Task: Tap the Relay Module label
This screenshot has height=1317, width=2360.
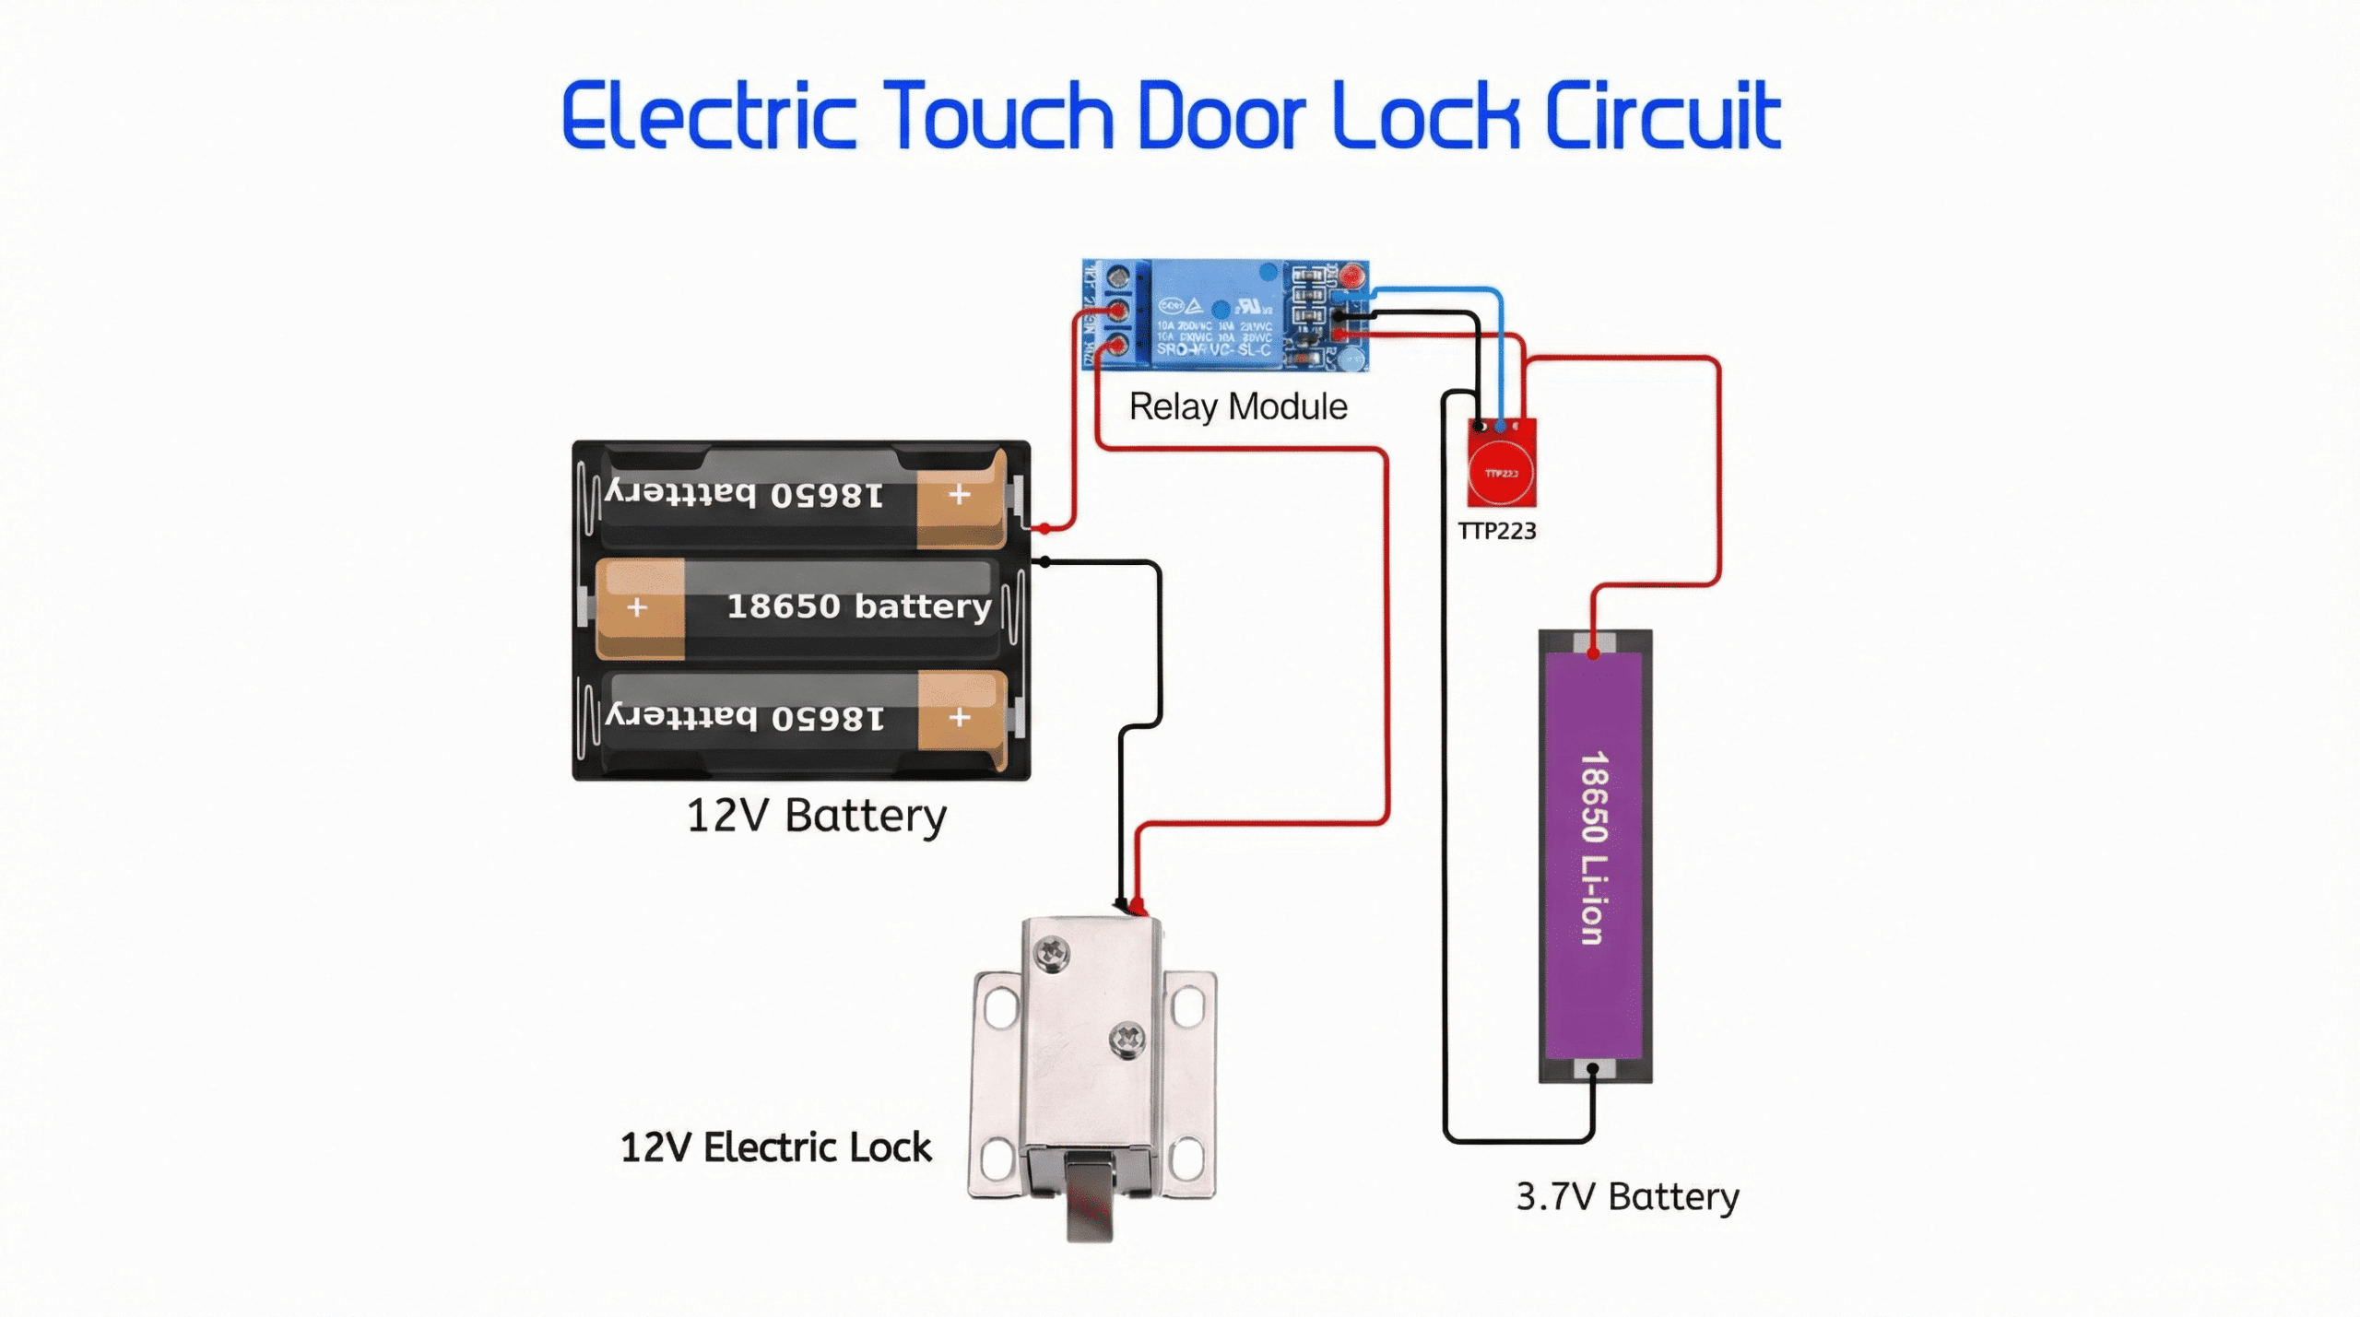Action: pyautogui.click(x=1238, y=406)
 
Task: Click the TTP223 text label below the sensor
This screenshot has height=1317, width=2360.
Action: pyautogui.click(x=1497, y=531)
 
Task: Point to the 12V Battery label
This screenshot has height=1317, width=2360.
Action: pyautogui.click(x=817, y=816)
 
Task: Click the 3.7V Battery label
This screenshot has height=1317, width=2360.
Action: pyautogui.click(x=1627, y=1196)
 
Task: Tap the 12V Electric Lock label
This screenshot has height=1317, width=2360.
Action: pyautogui.click(x=775, y=1147)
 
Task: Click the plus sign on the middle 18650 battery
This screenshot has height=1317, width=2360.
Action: pyautogui.click(x=637, y=608)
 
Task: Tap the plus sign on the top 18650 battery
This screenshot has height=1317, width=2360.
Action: pyautogui.click(x=960, y=495)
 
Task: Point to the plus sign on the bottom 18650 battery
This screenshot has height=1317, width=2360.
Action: pyautogui.click(x=960, y=717)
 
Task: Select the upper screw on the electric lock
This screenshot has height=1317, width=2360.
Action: pyautogui.click(x=1052, y=951)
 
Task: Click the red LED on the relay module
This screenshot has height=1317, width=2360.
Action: pyautogui.click(x=1352, y=276)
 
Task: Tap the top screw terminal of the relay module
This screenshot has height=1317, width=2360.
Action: pyautogui.click(x=1118, y=277)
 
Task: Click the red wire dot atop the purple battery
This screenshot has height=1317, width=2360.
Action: pyautogui.click(x=1594, y=653)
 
